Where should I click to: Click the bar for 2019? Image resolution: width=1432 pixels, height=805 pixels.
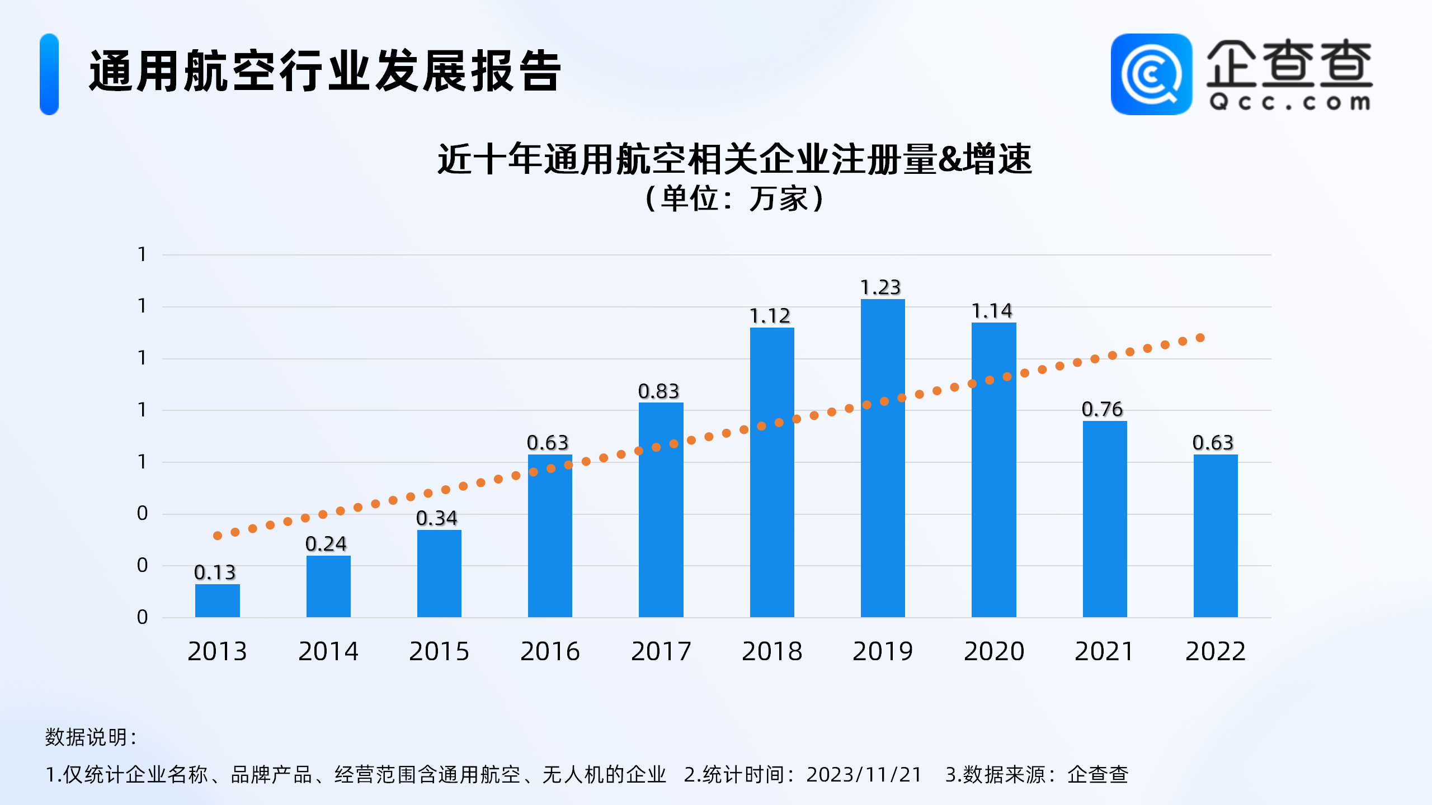click(x=882, y=458)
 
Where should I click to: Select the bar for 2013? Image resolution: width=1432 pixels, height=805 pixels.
click(x=217, y=600)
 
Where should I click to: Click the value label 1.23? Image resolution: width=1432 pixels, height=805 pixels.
click(x=880, y=287)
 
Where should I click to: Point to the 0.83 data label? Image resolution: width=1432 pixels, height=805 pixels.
click(x=658, y=391)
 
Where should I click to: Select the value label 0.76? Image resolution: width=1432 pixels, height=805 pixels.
click(x=1102, y=409)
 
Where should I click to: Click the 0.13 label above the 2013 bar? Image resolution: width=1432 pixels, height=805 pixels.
click(x=215, y=572)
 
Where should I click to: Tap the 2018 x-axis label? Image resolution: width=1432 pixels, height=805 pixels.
click(x=772, y=651)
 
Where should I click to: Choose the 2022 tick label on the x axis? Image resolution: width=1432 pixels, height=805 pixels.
click(x=1215, y=651)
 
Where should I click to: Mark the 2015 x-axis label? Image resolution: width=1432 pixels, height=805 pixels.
click(x=439, y=651)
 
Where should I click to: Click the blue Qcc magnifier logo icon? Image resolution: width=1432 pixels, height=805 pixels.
click(x=1151, y=74)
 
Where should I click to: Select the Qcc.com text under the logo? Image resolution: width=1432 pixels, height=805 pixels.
click(x=1289, y=103)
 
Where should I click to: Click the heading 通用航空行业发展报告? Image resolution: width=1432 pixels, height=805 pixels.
click(x=324, y=71)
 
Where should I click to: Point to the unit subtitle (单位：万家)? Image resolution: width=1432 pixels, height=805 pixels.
click(x=734, y=198)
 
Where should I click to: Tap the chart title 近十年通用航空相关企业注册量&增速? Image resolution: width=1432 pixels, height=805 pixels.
click(x=734, y=159)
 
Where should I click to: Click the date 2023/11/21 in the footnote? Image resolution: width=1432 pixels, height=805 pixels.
click(x=864, y=775)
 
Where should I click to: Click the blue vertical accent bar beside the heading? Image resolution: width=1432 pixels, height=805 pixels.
click(x=49, y=74)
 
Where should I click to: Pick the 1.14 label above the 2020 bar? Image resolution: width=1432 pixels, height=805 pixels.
click(x=992, y=311)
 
